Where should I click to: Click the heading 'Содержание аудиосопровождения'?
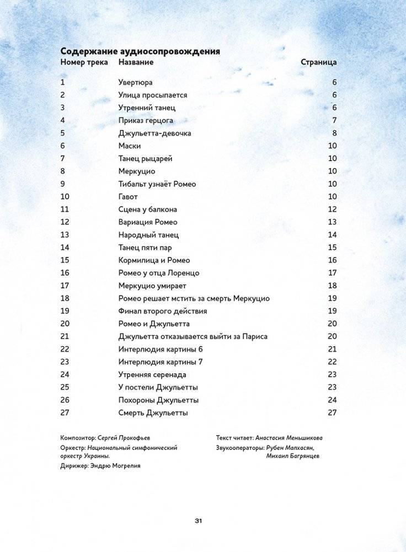pos(141,51)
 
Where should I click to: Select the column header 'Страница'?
pos(318,62)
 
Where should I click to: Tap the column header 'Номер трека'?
pos(84,62)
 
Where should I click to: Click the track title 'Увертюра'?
pos(135,82)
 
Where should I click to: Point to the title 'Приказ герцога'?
pos(146,120)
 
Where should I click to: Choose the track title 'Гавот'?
pos(128,197)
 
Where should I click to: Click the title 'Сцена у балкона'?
pos(147,210)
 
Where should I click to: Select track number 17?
pos(65,286)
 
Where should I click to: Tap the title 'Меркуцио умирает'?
pos(152,286)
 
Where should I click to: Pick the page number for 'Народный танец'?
pos(332,235)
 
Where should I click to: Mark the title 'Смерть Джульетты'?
pos(153,412)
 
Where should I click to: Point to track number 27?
pos(65,412)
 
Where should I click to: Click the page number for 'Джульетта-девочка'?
pos(334,133)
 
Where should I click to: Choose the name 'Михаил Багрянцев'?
pos(293,456)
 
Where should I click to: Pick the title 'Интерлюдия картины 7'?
pos(157,362)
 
